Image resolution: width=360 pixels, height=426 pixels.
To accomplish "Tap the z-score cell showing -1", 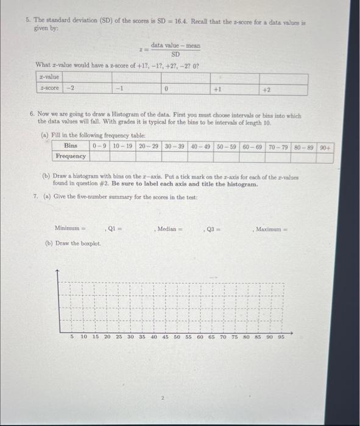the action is [120, 88].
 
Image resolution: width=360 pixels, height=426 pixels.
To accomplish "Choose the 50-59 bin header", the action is [227, 146].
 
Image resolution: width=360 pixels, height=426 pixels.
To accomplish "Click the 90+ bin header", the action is [327, 146].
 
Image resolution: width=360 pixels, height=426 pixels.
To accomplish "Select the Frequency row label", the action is [71, 156].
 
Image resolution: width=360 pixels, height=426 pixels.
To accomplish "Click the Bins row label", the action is [71, 146].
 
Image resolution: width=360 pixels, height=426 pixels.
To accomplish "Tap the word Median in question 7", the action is [168, 228].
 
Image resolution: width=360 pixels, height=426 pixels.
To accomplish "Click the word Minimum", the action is [68, 228].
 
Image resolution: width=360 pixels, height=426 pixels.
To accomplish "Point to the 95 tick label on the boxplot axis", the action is [281, 336].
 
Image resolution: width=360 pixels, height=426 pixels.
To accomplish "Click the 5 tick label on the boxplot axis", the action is [72, 336].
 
